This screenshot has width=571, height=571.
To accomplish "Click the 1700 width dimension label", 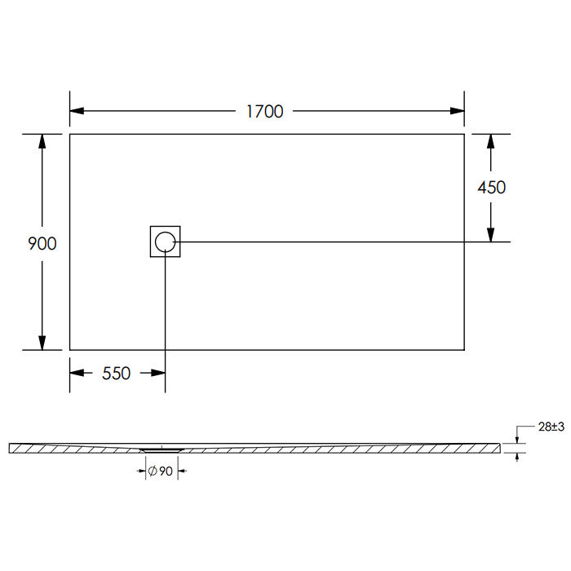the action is (x=265, y=112).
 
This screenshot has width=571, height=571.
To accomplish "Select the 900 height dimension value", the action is (x=42, y=244).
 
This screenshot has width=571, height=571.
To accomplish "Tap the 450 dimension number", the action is (x=492, y=188).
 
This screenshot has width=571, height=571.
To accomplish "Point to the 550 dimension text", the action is (x=116, y=374).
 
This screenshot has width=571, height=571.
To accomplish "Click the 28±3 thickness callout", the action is (x=551, y=427).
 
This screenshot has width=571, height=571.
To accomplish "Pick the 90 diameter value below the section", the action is (x=166, y=471).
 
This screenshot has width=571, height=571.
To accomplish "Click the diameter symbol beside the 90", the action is (x=153, y=471).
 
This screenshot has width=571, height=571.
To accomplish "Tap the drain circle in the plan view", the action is (x=166, y=241).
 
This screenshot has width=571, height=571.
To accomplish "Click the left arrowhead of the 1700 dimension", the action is (x=77, y=111).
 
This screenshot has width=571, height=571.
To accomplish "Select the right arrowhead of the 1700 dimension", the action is (x=458, y=111).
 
